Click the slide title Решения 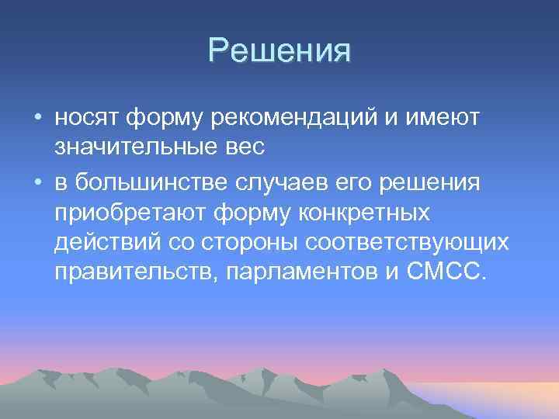(279, 51)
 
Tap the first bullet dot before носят (37, 118)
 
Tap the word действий (105, 242)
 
